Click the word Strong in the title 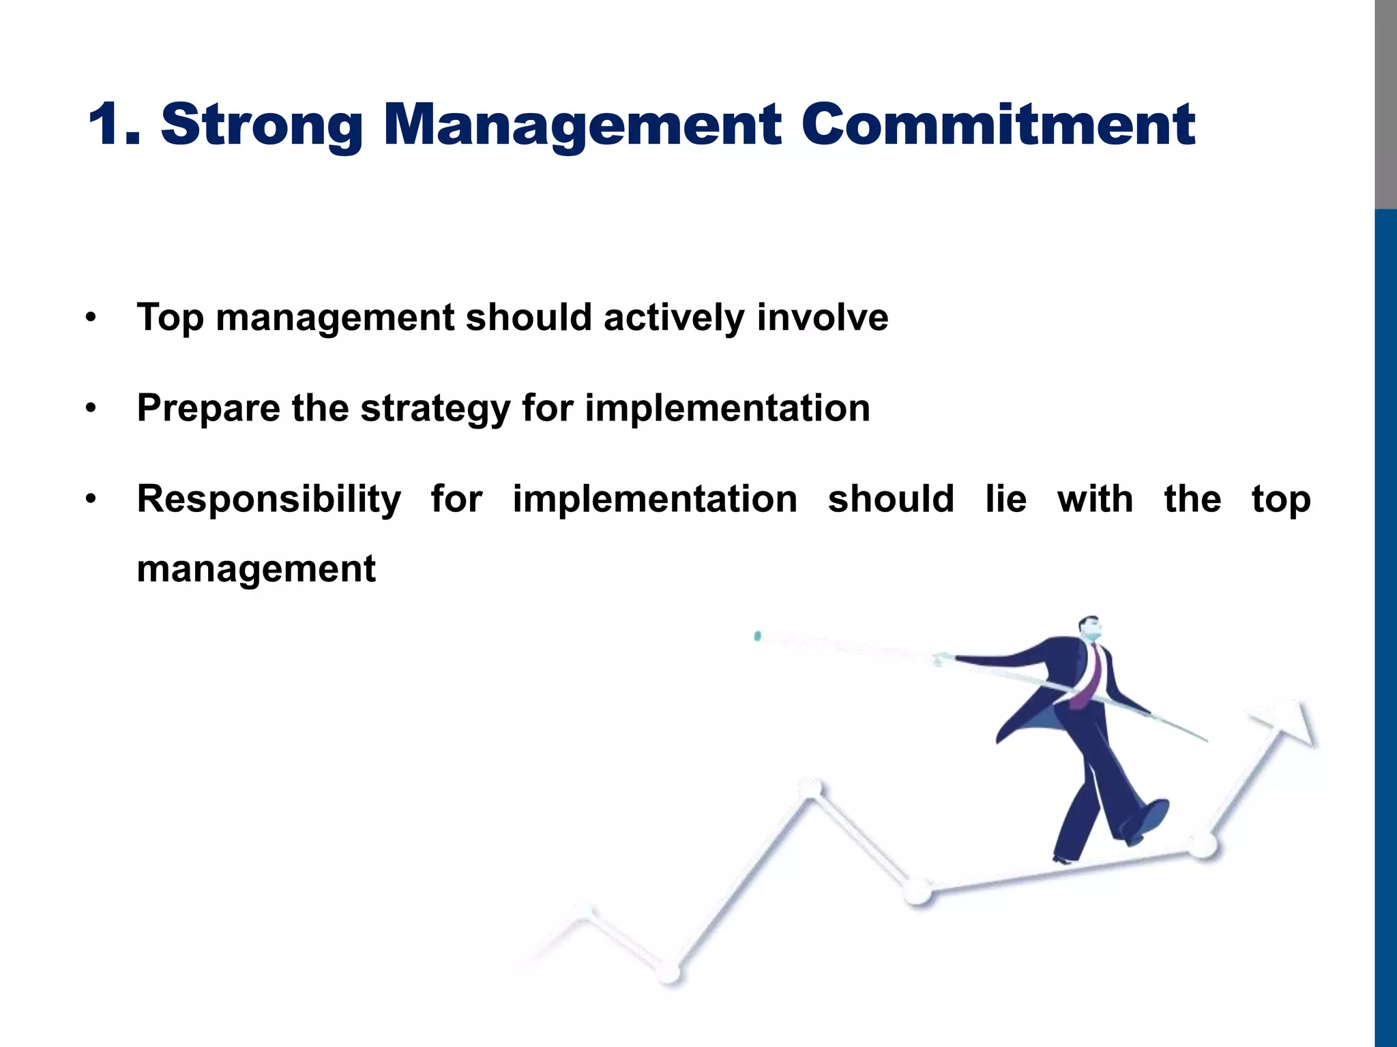tap(261, 125)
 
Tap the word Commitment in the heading tap(997, 125)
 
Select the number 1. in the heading tap(114, 125)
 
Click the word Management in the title tap(582, 125)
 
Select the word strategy tap(435, 409)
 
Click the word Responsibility tap(269, 500)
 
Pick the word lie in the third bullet tap(1005, 498)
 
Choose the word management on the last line tap(256, 569)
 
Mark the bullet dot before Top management tap(91, 318)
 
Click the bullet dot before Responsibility tap(91, 500)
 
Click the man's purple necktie tap(1089, 678)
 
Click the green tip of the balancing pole tap(757, 636)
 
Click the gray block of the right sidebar tap(1385, 102)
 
